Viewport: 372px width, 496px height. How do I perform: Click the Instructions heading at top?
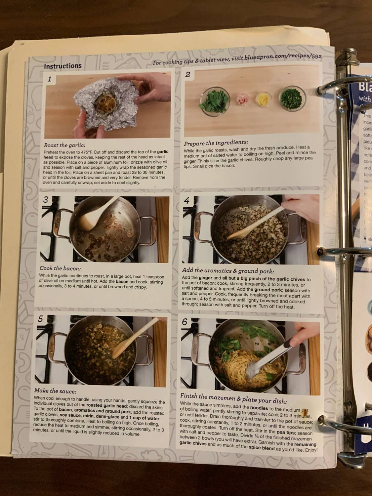[x=63, y=66]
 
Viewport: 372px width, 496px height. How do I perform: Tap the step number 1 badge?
[x=50, y=79]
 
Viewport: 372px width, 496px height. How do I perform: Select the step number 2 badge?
[x=187, y=74]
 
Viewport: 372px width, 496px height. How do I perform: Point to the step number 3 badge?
[x=46, y=200]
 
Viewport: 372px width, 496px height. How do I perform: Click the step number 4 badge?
[x=187, y=200]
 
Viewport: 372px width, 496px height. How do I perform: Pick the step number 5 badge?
[x=41, y=319]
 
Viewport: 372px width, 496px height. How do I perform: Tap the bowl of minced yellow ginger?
[x=263, y=98]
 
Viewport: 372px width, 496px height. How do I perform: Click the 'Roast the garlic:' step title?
[x=64, y=145]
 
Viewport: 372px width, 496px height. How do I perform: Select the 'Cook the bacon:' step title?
[x=60, y=269]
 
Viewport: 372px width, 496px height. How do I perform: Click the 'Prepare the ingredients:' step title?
[x=216, y=143]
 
